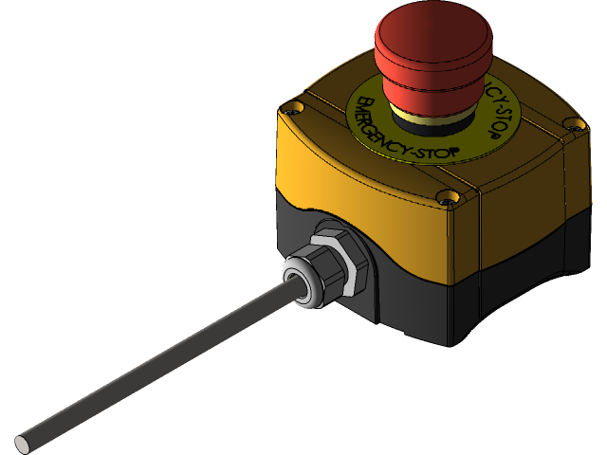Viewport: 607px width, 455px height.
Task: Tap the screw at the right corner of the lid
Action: (571, 123)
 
